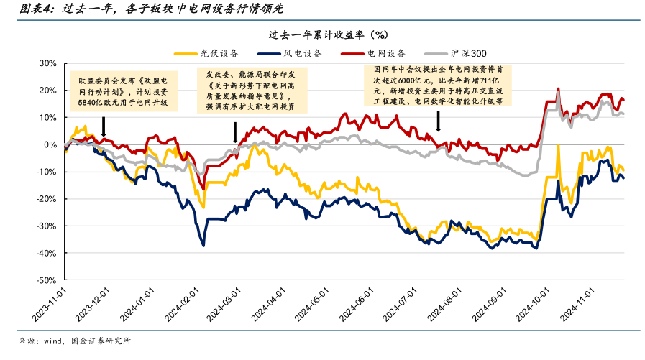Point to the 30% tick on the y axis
(47, 63)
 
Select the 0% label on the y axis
(50, 144)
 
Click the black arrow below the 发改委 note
(235, 132)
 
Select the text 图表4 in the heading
(35, 9)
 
